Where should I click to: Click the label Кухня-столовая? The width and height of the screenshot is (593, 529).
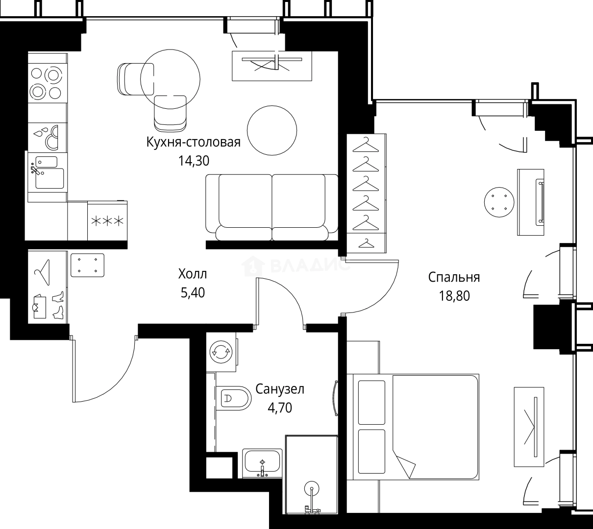193,143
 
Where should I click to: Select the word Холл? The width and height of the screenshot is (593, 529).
193,274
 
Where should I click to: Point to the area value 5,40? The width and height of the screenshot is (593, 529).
193,293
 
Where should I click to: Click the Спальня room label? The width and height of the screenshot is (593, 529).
454,277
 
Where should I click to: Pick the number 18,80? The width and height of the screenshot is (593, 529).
454,296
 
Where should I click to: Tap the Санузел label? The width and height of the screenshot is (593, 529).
280,389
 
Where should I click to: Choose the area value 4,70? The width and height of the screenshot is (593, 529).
280,408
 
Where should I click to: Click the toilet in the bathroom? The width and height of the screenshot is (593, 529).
234,398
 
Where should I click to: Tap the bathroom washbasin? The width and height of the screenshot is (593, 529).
263,463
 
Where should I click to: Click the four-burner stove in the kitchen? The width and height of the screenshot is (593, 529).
47,83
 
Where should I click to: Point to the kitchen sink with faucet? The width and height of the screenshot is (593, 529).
47,171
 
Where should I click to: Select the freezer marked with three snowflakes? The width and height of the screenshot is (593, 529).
107,221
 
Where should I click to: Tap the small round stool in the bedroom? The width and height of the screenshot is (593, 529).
499,201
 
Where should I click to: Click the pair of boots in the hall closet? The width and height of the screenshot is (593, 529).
58,304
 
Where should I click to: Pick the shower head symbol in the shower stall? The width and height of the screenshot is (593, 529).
310,488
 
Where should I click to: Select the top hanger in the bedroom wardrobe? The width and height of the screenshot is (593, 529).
366,144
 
